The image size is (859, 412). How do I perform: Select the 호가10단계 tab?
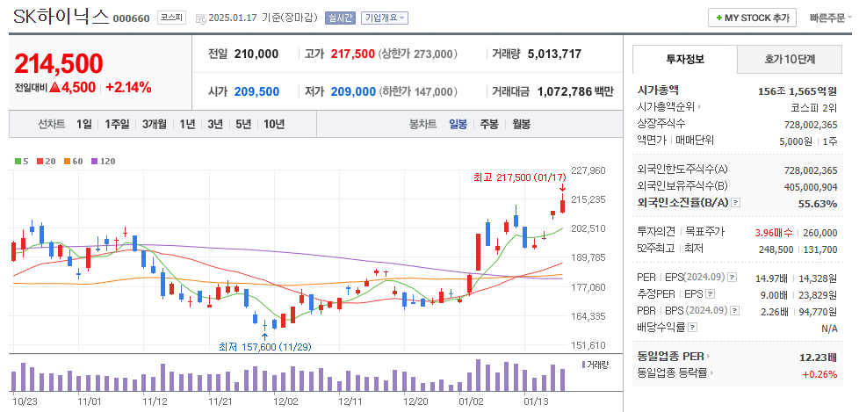tap(789, 60)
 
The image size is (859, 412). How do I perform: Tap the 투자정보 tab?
tap(685, 60)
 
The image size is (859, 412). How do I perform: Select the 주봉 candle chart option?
tap(489, 124)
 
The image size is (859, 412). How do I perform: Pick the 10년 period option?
tap(273, 124)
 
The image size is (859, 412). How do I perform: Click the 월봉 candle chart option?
tap(521, 124)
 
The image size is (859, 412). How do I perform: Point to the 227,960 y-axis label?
tap(588, 170)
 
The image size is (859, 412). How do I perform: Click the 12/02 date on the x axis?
tap(286, 401)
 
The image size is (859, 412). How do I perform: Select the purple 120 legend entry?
tap(104, 161)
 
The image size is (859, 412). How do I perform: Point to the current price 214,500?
tap(59, 63)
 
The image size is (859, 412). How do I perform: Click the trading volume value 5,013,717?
tap(554, 54)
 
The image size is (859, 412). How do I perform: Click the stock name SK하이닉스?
tap(61, 17)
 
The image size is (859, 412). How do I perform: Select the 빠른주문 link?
tap(828, 18)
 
